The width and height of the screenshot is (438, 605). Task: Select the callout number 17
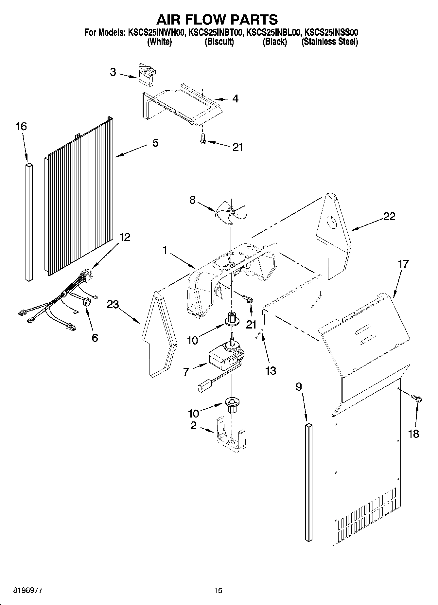click(403, 264)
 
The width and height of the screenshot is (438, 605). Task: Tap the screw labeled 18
click(416, 399)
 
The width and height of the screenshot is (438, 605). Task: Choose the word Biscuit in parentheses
click(219, 42)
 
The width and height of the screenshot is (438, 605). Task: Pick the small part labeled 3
click(147, 75)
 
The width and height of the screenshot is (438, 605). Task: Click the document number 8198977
click(27, 591)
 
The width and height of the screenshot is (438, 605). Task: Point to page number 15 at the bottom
click(218, 591)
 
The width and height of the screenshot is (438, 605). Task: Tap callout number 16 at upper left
click(21, 127)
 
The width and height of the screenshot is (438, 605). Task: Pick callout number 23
click(113, 305)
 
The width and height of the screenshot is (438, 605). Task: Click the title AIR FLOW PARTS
click(217, 19)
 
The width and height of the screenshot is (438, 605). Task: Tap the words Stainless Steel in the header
click(329, 42)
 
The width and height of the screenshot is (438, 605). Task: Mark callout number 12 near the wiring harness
click(124, 237)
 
